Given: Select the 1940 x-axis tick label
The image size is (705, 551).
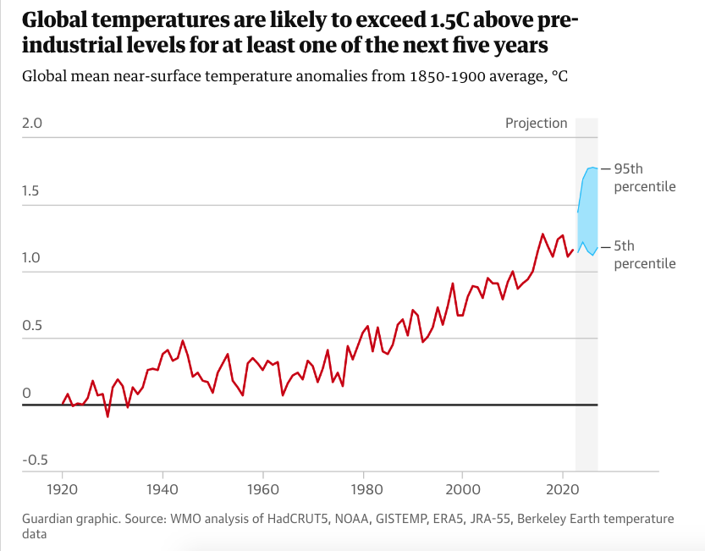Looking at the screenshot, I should point(162,490).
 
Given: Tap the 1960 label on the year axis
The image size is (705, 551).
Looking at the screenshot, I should point(262,490).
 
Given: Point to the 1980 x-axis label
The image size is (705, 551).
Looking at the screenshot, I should point(363,490).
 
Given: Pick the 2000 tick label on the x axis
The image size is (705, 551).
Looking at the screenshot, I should point(463,490).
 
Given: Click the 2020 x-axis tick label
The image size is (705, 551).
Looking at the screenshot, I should point(563,490).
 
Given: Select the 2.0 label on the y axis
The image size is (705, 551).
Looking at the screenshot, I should point(32,124).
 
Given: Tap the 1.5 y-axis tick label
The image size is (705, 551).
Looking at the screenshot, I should point(32,190).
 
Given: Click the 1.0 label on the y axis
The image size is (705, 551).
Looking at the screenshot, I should point(32,257).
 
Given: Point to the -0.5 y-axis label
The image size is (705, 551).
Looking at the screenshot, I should point(35,460).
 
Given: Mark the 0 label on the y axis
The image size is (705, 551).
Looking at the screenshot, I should point(26,393).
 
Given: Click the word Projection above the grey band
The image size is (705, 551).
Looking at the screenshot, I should point(537,123).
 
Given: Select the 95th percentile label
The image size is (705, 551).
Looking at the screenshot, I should point(645,177).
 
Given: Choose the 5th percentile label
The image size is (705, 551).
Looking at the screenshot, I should point(645,255).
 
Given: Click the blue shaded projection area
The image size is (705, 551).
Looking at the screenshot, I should point(587,212).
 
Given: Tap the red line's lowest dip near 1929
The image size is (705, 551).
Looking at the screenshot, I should point(107,416).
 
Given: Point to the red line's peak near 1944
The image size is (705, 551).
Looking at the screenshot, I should point(183,341).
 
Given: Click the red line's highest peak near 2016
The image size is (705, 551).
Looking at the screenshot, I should point(543,234).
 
